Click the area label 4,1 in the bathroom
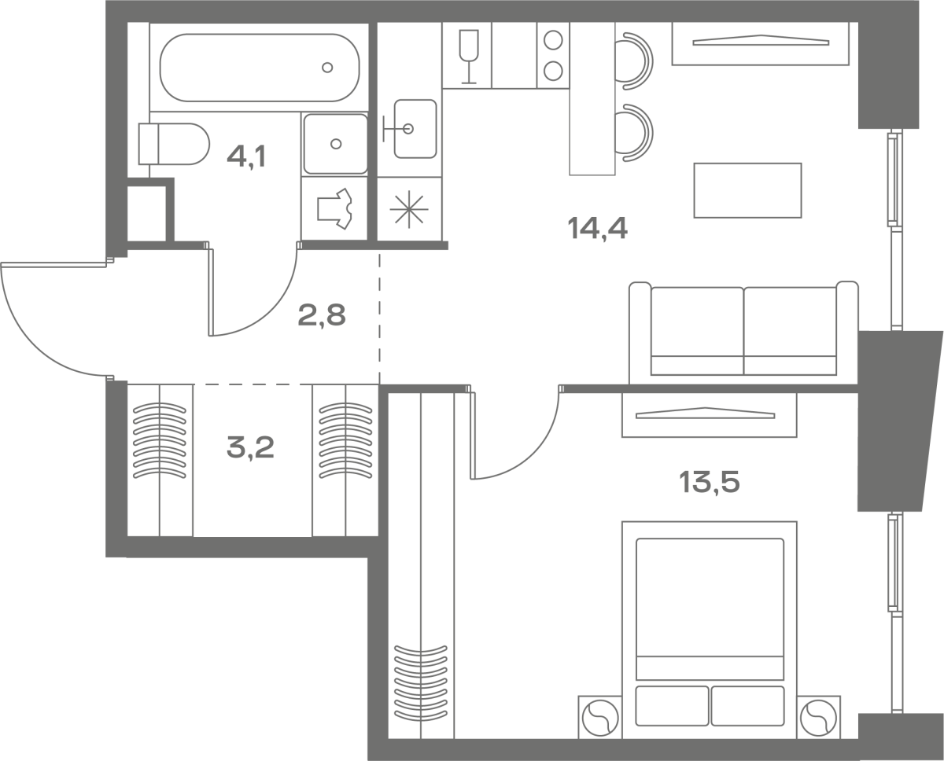coord(246,156)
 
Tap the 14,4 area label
coord(597,229)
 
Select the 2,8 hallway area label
coord(322,315)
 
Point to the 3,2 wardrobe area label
coord(250,447)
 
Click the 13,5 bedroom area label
coord(710,482)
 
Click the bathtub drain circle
coord(327,68)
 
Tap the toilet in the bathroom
coord(174,144)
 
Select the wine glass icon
coord(469,57)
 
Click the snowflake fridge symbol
coord(409,210)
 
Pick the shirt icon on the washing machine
coord(335,208)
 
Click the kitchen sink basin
coord(415,129)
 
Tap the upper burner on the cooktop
coord(553,40)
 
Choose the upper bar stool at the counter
coord(634,61)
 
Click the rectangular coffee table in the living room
coord(747,190)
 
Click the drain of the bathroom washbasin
coord(336,144)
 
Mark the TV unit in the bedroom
coord(710,414)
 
